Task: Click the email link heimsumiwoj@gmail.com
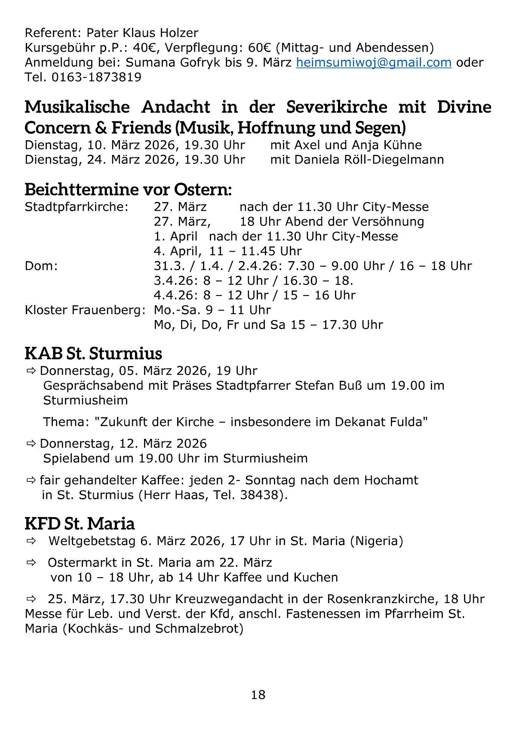(x=373, y=63)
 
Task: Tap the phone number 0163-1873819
(x=96, y=77)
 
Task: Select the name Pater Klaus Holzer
(x=142, y=33)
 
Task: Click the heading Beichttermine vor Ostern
(x=128, y=189)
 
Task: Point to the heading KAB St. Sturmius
(x=93, y=353)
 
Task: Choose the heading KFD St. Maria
(x=80, y=524)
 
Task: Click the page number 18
(x=258, y=695)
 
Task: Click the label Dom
(x=41, y=266)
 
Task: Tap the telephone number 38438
(x=259, y=495)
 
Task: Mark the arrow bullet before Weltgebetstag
(x=31, y=541)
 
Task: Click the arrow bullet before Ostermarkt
(x=31, y=563)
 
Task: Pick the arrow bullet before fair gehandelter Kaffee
(x=31, y=480)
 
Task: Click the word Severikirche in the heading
(x=337, y=107)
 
